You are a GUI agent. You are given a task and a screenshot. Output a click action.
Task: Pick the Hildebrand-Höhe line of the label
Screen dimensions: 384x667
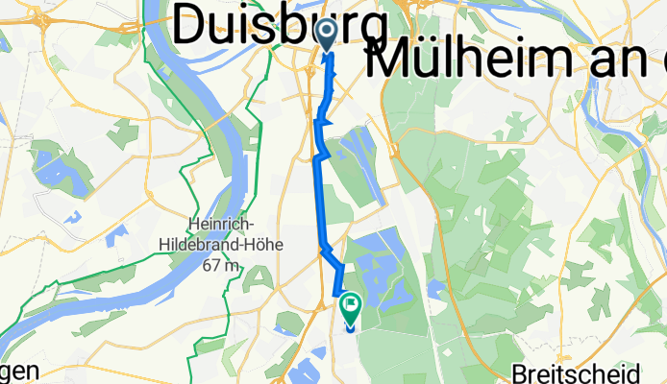[220, 245]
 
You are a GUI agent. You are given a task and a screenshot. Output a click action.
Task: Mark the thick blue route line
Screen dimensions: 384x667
[320, 192]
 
